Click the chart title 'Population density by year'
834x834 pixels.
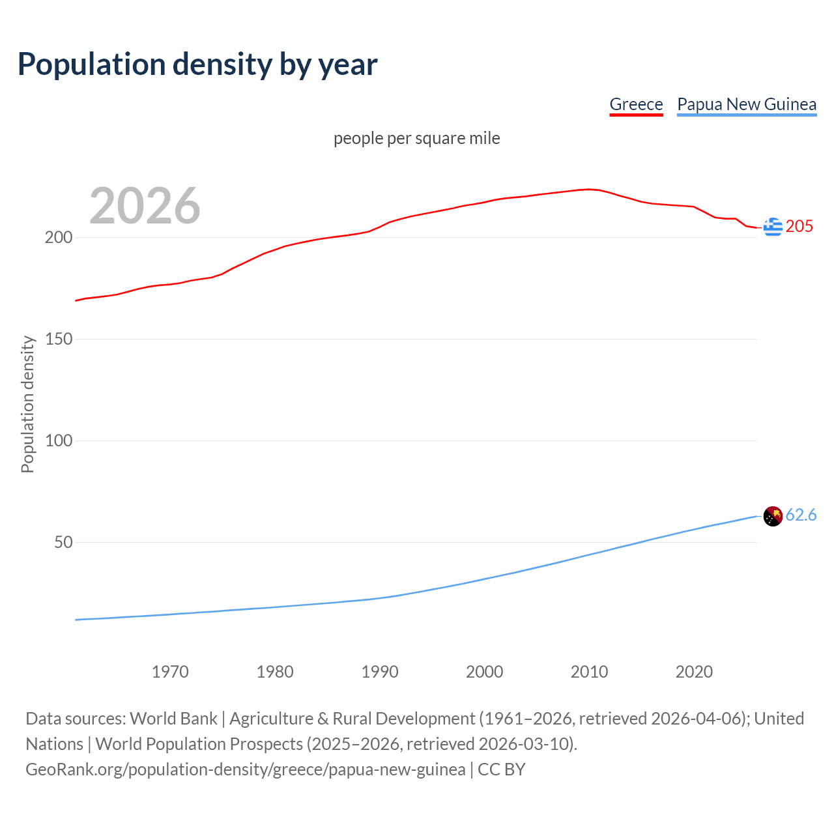click(x=197, y=64)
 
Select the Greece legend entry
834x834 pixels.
click(x=636, y=104)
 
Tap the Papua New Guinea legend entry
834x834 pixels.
click(x=747, y=104)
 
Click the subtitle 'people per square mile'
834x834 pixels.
click(x=417, y=138)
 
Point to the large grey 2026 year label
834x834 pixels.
click(x=145, y=206)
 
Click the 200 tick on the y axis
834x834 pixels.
click(x=59, y=237)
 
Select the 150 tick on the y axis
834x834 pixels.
click(x=59, y=339)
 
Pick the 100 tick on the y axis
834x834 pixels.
click(x=59, y=440)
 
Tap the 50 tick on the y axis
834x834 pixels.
click(x=63, y=542)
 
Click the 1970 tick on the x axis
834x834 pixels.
click(x=170, y=672)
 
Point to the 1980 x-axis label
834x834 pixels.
click(x=275, y=672)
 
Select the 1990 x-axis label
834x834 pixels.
click(x=380, y=672)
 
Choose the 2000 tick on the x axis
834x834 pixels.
click(x=485, y=672)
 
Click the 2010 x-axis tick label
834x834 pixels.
click(x=590, y=672)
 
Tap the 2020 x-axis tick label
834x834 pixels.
click(x=695, y=672)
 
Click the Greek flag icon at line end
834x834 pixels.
click(x=773, y=227)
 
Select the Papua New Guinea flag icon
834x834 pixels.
click(x=773, y=516)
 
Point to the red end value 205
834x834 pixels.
click(x=799, y=226)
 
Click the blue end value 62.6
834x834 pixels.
click(x=801, y=515)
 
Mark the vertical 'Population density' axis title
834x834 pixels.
click(x=27, y=404)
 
